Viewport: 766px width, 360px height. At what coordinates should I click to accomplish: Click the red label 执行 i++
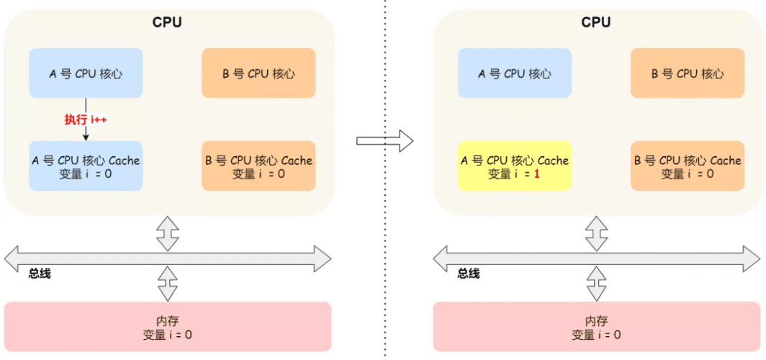tap(86, 120)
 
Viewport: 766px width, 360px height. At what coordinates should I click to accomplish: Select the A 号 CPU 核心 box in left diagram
tap(86, 73)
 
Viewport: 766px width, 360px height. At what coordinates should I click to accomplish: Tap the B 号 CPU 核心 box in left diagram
tap(258, 73)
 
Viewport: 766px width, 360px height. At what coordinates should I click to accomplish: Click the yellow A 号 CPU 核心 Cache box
tap(515, 166)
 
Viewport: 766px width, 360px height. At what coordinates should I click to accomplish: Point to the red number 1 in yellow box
tap(537, 174)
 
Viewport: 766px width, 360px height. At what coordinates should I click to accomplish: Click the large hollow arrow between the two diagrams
tap(385, 140)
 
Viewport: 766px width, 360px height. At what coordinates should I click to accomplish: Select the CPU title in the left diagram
tap(167, 22)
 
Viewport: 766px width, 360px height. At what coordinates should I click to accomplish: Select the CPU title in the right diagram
tap(596, 22)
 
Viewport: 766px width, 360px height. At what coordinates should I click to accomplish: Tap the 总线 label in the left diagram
tap(40, 274)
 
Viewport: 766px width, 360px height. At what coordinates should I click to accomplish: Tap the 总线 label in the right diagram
tap(469, 274)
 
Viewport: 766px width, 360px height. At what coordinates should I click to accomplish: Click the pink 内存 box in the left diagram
tap(167, 328)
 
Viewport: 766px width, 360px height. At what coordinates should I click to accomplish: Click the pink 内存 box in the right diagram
tap(596, 328)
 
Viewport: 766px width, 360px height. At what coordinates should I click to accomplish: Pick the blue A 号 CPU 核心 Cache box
tap(86, 166)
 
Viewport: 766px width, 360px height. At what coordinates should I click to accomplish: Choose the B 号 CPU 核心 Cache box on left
tap(258, 166)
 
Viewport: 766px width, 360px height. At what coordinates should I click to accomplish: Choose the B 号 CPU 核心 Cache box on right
tap(688, 166)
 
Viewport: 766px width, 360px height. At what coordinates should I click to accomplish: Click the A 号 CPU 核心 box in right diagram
tap(515, 73)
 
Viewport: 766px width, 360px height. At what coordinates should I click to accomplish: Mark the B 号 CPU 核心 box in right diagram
tap(688, 73)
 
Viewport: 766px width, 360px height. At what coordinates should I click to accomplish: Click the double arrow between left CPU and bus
tap(167, 233)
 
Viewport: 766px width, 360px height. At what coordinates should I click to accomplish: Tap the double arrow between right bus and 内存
tap(596, 283)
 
